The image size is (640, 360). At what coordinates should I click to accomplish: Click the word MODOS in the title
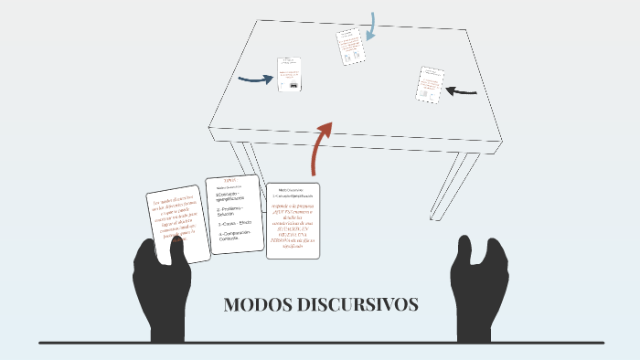coord(257,305)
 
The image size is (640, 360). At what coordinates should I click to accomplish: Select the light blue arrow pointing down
coord(370,26)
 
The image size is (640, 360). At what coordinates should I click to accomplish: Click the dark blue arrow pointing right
coord(255,79)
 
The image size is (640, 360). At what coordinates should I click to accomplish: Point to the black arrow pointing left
coord(462,90)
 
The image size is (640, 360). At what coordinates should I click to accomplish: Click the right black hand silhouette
coord(477,288)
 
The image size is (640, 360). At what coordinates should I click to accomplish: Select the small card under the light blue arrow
coord(350,47)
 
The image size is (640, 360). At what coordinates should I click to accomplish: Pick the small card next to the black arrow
coord(431,84)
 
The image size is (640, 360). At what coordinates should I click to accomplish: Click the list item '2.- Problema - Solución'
coord(232,211)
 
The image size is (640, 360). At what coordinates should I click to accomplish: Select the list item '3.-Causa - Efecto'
coord(233,224)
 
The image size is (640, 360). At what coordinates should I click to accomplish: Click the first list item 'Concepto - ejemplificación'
coord(232,196)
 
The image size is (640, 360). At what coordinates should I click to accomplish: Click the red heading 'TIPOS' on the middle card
coord(230,181)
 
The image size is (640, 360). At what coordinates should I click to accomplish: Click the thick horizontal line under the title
coord(320,343)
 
